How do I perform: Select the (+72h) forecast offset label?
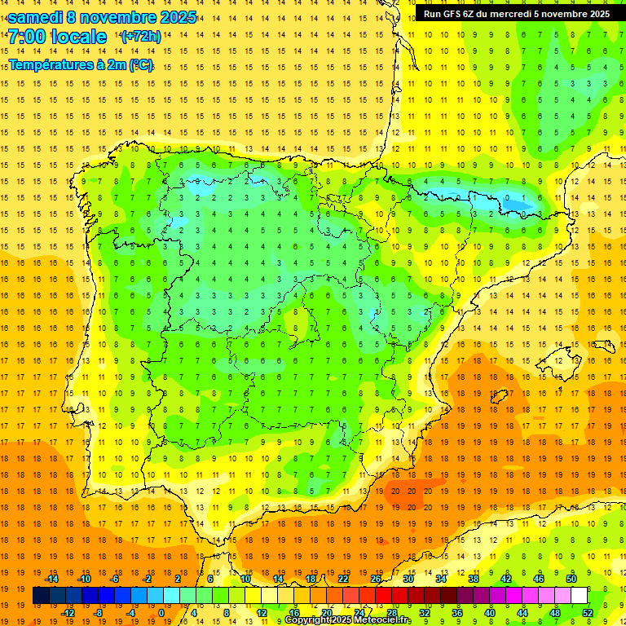139,37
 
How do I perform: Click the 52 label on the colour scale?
588,613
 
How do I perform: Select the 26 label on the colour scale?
376,579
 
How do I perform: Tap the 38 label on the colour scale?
474,579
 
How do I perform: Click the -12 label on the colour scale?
67,613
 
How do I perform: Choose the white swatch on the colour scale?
579,596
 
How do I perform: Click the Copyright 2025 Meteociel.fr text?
348,620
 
